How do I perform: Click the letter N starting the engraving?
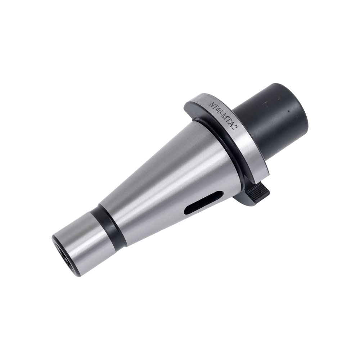point(210,104)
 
